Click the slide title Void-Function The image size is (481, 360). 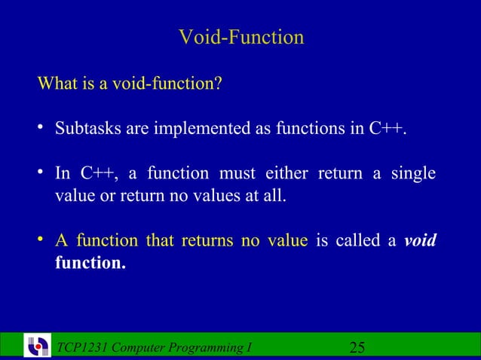241,37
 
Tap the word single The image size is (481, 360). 413,174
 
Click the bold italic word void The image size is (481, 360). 420,241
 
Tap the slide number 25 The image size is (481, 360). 357,347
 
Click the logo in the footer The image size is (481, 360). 38,346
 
